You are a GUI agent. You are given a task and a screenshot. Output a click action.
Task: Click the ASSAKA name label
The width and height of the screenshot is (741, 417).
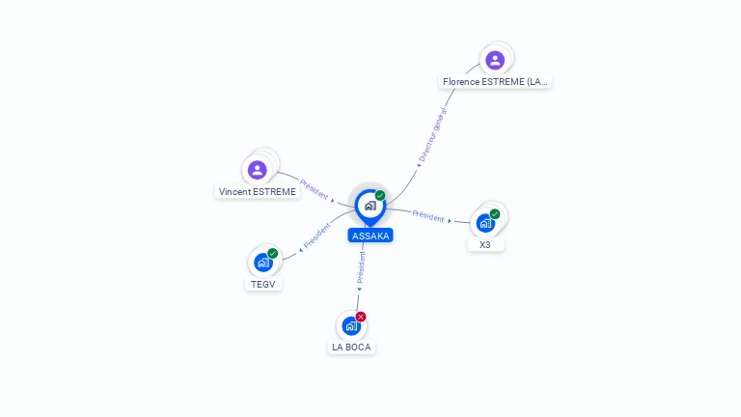point(370,236)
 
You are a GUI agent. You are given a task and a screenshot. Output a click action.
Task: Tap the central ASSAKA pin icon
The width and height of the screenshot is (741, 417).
point(370,207)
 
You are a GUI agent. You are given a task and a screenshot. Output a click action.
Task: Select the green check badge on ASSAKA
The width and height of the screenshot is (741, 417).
point(380,195)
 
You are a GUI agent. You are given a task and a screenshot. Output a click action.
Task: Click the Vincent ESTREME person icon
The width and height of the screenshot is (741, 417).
point(257,170)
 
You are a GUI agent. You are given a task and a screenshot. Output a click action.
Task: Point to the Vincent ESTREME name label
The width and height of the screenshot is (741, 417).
point(257,191)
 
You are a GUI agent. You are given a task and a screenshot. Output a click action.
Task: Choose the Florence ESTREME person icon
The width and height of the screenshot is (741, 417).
point(495,60)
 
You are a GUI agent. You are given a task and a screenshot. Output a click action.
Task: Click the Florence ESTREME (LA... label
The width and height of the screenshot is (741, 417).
point(495,81)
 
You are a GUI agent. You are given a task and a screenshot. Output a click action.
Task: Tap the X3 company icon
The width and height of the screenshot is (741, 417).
point(485,223)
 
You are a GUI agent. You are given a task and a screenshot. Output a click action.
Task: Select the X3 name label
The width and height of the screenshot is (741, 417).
point(485,244)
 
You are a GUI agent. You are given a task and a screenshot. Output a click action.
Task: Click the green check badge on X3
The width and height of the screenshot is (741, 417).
point(495,214)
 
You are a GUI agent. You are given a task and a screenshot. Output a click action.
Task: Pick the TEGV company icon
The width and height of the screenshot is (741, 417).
point(263,263)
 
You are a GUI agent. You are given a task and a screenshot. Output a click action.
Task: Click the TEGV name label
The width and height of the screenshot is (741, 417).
point(263,284)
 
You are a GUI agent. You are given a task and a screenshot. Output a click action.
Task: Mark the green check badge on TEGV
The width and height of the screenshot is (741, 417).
point(273,254)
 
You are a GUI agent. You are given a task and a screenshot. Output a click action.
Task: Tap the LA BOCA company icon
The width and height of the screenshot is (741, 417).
point(351,325)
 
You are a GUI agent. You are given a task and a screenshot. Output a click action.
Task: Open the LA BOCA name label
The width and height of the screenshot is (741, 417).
point(351,347)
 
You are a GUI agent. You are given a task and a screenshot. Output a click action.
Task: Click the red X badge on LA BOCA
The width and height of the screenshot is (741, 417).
point(361,317)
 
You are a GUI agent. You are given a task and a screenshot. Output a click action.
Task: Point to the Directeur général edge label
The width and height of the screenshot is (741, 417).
point(432,136)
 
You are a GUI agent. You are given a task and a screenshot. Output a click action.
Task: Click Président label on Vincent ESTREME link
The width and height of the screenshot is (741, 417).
point(315,189)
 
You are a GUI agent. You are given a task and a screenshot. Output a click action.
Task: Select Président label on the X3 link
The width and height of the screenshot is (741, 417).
point(428,216)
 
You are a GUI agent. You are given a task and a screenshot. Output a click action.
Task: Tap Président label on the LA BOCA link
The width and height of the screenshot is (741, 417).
point(362,267)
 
